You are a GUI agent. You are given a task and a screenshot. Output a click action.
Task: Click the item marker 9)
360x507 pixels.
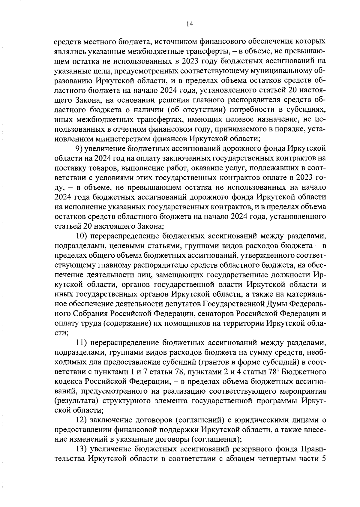tap(79, 148)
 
